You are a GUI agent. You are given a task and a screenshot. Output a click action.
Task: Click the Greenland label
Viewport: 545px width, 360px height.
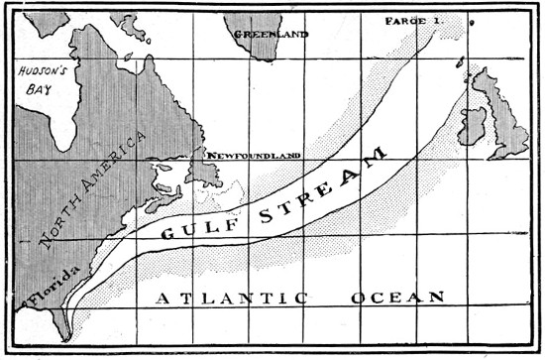click(271, 34)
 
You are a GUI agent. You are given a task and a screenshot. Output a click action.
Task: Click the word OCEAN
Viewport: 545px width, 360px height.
click(395, 298)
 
